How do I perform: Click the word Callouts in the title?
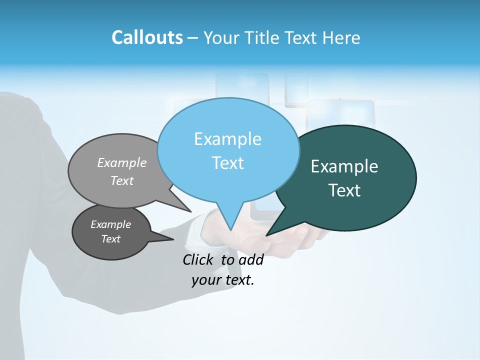(x=147, y=37)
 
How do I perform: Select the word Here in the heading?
(x=341, y=37)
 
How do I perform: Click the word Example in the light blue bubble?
(x=227, y=139)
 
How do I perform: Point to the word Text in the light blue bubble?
(x=227, y=162)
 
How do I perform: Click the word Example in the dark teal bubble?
(x=344, y=166)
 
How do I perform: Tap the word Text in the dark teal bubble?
(x=345, y=190)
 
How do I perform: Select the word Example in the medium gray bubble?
(x=122, y=162)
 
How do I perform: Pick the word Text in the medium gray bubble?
(x=122, y=180)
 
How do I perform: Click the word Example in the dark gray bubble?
(x=110, y=224)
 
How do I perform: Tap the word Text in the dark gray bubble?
(x=110, y=239)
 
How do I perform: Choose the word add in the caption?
(x=251, y=259)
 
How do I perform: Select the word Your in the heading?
(x=223, y=37)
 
